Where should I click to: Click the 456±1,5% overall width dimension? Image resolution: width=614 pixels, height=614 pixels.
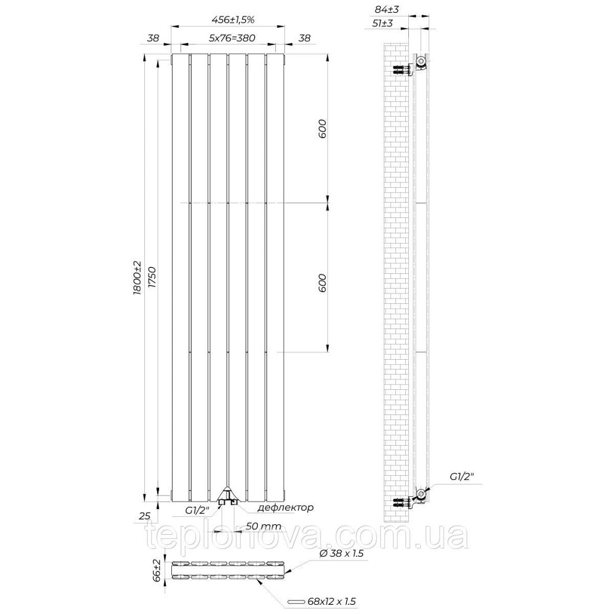point(233,19)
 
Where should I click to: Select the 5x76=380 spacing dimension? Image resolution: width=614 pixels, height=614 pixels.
point(232,37)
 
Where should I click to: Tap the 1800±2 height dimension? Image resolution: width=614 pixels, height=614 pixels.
point(137,278)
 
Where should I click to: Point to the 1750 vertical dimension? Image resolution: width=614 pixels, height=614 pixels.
point(152,278)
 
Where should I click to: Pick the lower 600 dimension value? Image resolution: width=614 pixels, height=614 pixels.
point(322,282)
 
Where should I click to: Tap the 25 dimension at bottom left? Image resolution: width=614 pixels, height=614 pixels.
point(144,516)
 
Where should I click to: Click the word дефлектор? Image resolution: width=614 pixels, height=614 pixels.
point(286,508)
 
